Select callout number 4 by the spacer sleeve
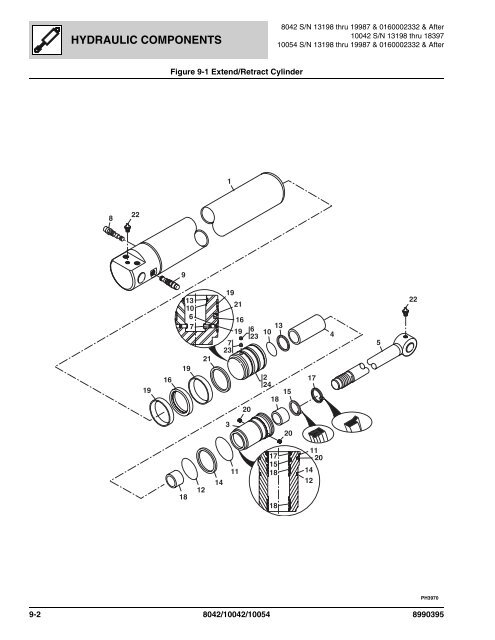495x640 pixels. tap(331, 334)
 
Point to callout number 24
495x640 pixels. tap(267, 385)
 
